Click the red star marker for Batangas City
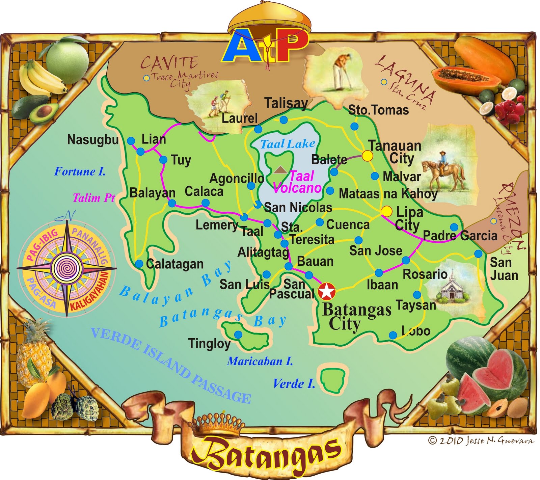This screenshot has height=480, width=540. pos(327,291)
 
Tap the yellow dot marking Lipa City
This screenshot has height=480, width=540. pos(387,211)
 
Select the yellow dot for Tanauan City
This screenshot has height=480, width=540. pos(367,156)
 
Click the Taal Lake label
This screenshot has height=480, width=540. pos(288,144)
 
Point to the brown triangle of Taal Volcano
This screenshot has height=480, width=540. pos(279,170)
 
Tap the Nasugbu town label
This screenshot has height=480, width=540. pos(93,140)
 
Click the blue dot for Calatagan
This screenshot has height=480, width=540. pos(139,264)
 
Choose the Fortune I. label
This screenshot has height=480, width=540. pos(80,171)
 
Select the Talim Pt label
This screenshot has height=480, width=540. pos(94,198)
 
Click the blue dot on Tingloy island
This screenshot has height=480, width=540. pos(238,335)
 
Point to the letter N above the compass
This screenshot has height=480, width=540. pos(69,215)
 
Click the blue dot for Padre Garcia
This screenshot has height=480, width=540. pos(454,227)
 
